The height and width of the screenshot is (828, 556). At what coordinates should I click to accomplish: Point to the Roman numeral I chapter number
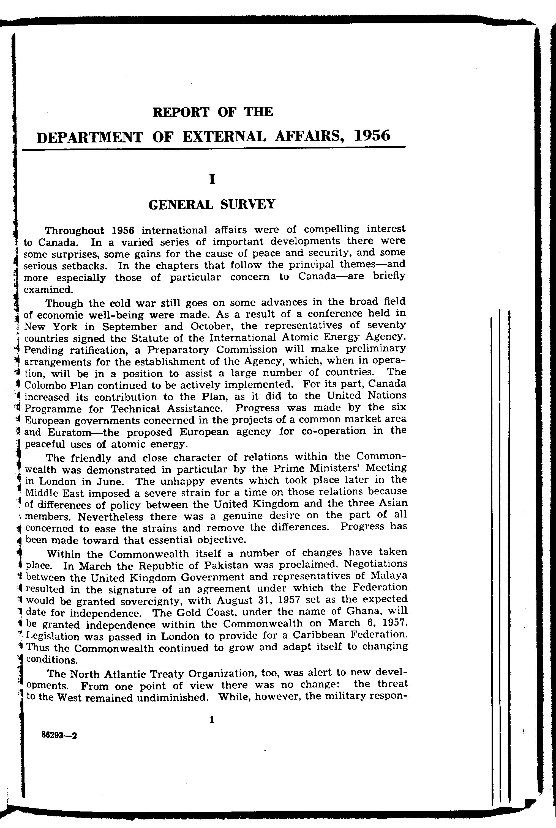[212, 180]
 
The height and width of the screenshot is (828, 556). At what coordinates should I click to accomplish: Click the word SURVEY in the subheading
[247, 204]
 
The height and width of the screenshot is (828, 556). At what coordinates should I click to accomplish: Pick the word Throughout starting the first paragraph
[75, 231]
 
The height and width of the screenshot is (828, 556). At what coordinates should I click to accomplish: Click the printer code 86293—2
[59, 735]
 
